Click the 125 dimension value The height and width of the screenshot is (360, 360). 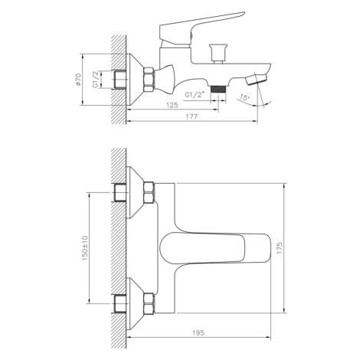pyautogui.click(x=172, y=105)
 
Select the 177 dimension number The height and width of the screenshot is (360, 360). pyautogui.click(x=191, y=116)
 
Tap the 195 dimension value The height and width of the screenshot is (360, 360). pyautogui.click(x=198, y=332)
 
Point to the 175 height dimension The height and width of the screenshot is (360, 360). pyautogui.click(x=280, y=247)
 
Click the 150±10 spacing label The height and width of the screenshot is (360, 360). pyautogui.click(x=85, y=247)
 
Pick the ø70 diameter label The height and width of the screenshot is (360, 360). pyautogui.click(x=78, y=79)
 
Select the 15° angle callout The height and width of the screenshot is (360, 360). pyautogui.click(x=244, y=97)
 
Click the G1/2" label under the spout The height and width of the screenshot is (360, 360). pyautogui.click(x=195, y=95)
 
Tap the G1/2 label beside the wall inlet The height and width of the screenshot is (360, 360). pyautogui.click(x=96, y=80)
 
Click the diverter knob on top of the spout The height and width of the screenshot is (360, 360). pyautogui.click(x=218, y=54)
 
